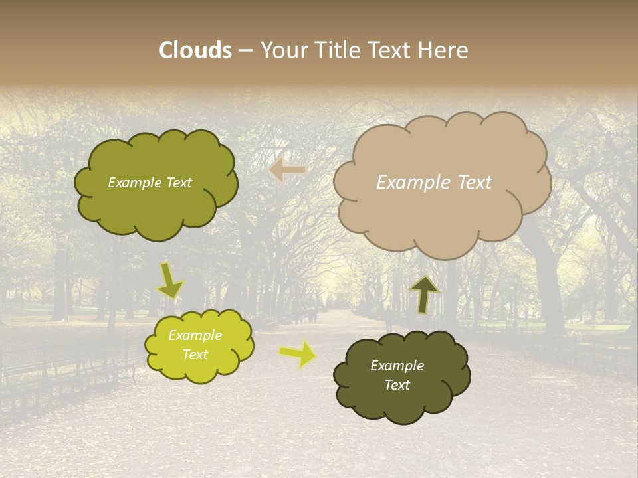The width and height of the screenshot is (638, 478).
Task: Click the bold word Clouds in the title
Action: tap(195, 50)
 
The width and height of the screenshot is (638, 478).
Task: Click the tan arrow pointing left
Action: tap(287, 170)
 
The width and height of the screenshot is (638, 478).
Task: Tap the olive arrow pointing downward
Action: tap(170, 279)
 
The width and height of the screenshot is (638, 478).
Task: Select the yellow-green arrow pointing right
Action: tap(297, 353)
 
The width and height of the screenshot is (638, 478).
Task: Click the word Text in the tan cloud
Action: tap(474, 183)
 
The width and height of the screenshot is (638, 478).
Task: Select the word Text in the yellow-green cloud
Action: tap(195, 355)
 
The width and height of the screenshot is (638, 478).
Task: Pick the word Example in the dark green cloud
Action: tap(397, 366)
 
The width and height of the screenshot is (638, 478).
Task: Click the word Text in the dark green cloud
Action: tap(397, 385)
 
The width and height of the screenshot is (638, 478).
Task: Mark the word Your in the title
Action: tap(282, 50)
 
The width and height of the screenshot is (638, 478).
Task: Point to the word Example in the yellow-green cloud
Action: tap(195, 335)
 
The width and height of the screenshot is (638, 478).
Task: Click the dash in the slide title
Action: tap(245, 50)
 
